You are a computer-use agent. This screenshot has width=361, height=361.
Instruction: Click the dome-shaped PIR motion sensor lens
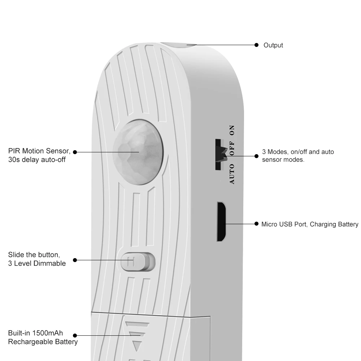click(138, 151)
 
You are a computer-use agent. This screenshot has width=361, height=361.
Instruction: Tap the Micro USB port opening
click(221, 221)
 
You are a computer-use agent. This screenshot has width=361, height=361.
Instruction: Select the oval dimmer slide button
click(138, 261)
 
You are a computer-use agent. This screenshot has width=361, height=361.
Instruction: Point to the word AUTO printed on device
click(232, 174)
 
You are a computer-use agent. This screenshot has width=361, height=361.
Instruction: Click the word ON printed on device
click(232, 130)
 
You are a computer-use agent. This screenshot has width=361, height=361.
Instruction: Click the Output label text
click(273, 45)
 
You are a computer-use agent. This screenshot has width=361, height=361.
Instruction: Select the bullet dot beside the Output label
click(257, 45)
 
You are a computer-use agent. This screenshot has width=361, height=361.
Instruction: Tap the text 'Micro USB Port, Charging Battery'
click(310, 224)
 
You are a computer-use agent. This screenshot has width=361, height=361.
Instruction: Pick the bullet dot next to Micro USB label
click(257, 224)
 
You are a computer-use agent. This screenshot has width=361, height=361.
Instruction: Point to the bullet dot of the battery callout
click(75, 335)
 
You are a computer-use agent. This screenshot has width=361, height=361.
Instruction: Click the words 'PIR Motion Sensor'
click(39, 151)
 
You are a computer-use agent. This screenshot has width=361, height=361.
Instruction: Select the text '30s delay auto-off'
click(37, 159)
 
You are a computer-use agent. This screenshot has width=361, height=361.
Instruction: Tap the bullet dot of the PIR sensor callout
click(75, 152)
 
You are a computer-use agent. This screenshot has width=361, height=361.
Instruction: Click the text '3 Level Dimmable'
click(37, 263)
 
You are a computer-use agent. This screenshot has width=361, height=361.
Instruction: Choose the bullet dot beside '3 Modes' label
click(257, 156)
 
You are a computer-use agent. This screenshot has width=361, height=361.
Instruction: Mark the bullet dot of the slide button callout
click(75, 260)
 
